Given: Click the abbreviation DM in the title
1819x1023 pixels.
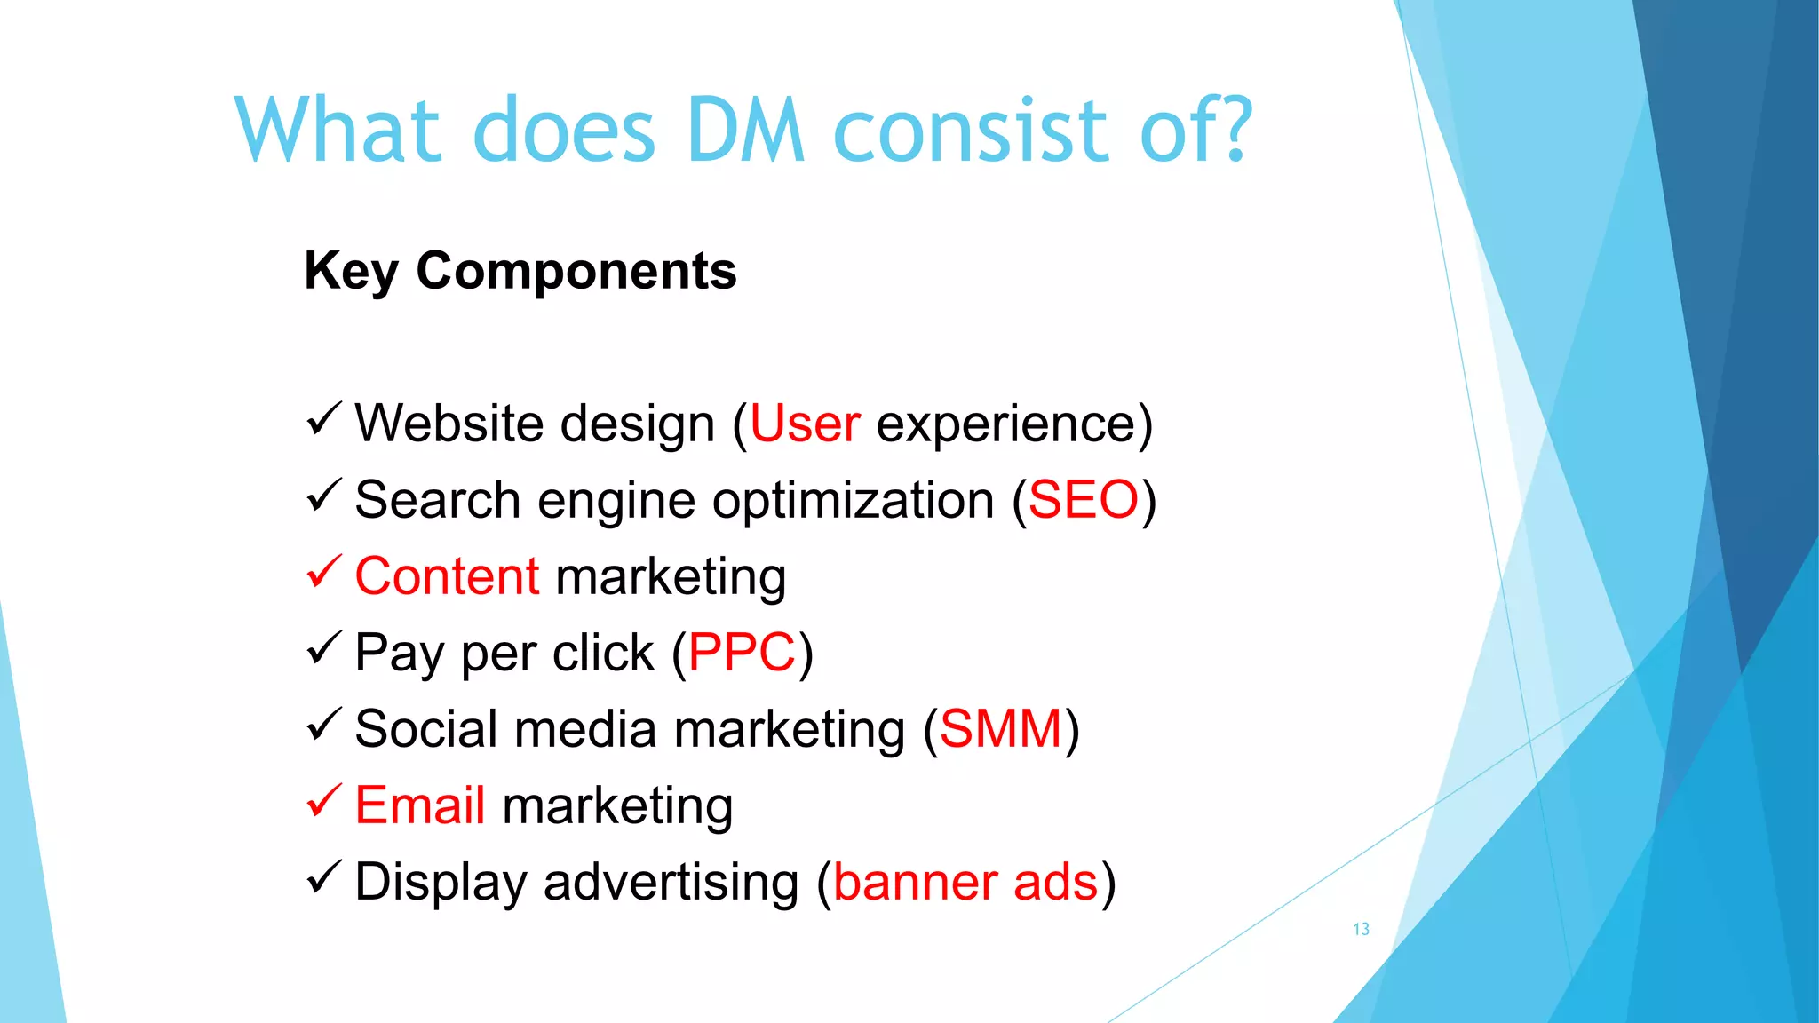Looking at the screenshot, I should pos(746,131).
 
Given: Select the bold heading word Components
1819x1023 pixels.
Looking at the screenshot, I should pos(576,270).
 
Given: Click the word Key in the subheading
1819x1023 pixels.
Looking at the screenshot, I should pos(351,272).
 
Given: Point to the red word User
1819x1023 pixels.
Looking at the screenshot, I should pos(805,424).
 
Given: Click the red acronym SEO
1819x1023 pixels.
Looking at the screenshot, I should pos(1083,500).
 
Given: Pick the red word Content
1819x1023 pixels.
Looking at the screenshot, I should pos(447,576).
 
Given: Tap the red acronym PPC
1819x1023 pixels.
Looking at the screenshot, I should pos(742,653).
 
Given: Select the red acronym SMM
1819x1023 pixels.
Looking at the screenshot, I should pos(1000,729).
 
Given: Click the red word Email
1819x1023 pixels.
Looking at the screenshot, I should pos(419,805).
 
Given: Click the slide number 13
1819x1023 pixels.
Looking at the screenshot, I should pos(1361,929).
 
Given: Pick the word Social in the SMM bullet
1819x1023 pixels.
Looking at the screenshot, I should pos(425,729).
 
